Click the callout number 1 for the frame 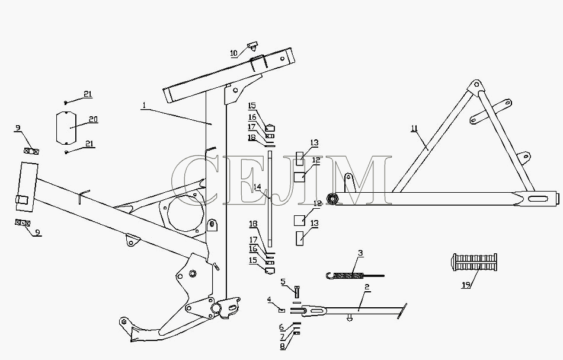(x=144, y=105)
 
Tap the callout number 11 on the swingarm (x=415, y=129)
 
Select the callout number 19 (x=466, y=285)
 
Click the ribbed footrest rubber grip (x=474, y=262)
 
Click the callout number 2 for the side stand (x=367, y=287)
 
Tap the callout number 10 (x=233, y=53)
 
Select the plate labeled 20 (x=66, y=128)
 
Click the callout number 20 (x=94, y=119)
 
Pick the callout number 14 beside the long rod (x=257, y=187)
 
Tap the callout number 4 (x=269, y=299)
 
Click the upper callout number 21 (x=88, y=94)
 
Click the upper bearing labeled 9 (x=31, y=151)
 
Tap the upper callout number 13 (x=314, y=143)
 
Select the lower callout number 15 (x=253, y=260)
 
